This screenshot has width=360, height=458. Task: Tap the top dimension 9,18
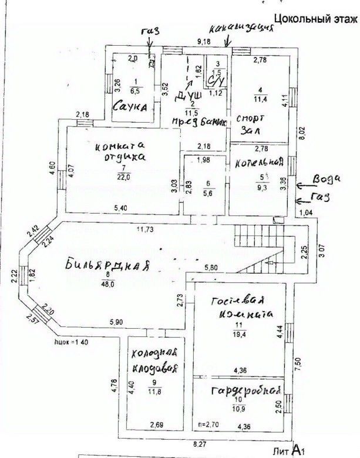click(x=204, y=41)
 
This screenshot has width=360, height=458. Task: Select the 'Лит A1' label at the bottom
click(x=290, y=450)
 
